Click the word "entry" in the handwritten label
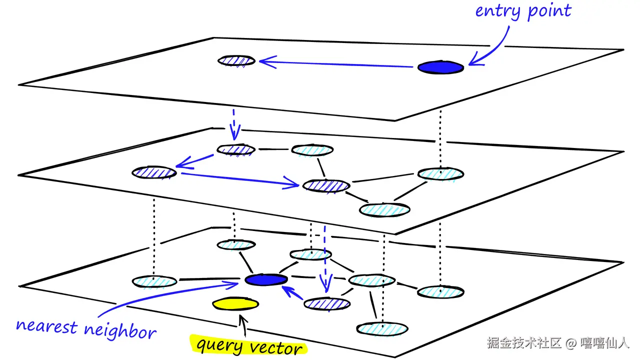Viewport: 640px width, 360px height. coord(497,11)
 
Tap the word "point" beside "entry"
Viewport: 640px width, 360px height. coord(549,11)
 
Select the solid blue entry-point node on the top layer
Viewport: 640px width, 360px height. coord(440,67)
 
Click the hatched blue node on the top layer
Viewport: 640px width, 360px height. coord(236,60)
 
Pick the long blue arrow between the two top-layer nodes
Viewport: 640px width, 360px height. coord(336,64)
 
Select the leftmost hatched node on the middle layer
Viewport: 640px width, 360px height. coord(154,172)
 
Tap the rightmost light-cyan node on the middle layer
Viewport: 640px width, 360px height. coord(440,174)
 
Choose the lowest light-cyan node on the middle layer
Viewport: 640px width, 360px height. coord(384,210)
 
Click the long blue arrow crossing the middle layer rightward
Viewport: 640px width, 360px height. coord(240,179)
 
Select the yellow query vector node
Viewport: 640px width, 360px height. coord(235,303)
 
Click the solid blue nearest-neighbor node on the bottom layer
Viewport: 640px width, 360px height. coord(266,279)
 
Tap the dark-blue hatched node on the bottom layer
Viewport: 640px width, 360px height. coord(327,304)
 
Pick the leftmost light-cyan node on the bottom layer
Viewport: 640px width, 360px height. coord(154,281)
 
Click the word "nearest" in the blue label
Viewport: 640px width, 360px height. coord(46,326)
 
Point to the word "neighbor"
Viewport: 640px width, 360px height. coord(120,331)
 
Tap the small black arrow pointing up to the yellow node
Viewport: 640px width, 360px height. coord(243,325)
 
